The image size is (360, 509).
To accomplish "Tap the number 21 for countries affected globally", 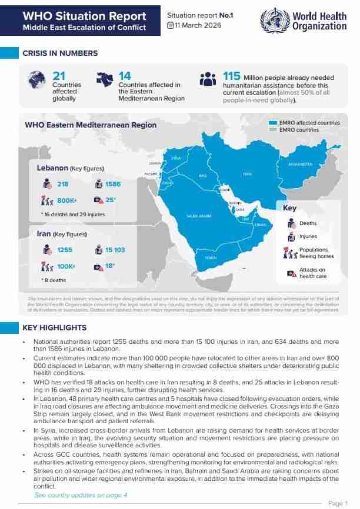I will [x=59, y=75].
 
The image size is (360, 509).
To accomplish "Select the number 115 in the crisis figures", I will [x=232, y=76].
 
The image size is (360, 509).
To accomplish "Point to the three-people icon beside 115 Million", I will [x=208, y=79].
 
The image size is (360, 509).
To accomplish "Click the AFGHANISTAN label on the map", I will [x=300, y=164].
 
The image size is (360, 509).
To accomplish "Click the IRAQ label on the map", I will [x=202, y=175].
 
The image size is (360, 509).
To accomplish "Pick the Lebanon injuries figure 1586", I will [x=113, y=185].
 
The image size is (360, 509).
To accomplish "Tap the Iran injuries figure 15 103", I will [x=115, y=250].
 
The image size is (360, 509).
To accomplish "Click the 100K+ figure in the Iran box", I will [x=66, y=266].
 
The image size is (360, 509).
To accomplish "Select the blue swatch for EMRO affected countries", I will [x=272, y=123].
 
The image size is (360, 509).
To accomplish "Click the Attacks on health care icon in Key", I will [x=291, y=273].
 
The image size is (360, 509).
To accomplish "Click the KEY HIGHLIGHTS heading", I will [x=54, y=327].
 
